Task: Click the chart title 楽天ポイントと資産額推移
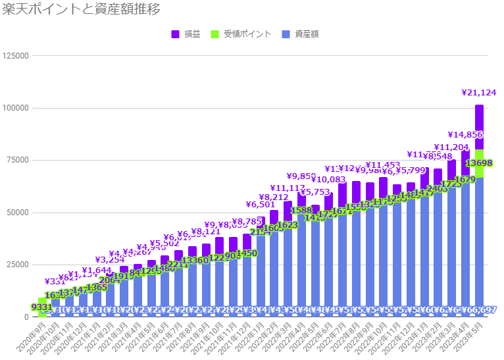tap(82, 10)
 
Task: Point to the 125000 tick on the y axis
tap(15, 56)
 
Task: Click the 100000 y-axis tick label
tap(15, 108)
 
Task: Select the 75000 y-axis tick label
tap(18, 160)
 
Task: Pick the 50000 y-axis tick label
tap(18, 213)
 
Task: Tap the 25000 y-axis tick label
tap(18, 265)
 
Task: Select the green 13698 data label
tap(479, 163)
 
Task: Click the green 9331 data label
tap(42, 307)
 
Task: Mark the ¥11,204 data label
tap(452, 147)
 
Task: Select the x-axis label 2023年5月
tap(471, 336)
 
